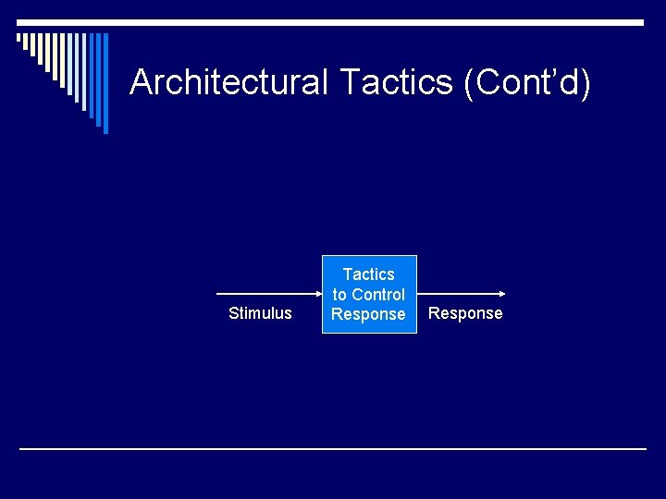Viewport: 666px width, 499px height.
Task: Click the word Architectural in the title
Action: pos(228,83)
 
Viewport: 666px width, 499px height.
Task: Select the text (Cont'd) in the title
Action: pos(527,83)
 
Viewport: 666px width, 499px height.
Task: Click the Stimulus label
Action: pos(260,313)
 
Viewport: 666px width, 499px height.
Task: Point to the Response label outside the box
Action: pos(465,313)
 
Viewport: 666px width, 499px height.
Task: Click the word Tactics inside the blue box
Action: pos(369,274)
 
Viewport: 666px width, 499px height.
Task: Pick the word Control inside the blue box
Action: pos(377,295)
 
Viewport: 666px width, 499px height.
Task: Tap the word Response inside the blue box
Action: pos(368,314)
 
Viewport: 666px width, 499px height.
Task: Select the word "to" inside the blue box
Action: pos(339,295)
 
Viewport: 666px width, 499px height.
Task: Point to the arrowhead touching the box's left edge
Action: pos(316,294)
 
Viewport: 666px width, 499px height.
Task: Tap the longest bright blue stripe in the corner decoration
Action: pos(105,83)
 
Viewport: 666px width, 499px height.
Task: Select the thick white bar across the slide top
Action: pos(333,22)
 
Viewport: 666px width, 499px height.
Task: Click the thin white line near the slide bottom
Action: pos(333,449)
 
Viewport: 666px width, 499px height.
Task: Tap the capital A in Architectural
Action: pos(142,83)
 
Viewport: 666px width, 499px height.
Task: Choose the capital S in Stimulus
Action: pos(233,313)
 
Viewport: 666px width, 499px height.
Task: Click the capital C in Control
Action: pos(358,295)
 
